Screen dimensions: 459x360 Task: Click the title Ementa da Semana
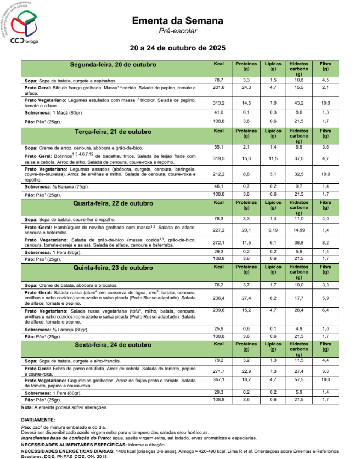(x=177, y=21)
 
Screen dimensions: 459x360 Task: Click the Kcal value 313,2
(x=219, y=103)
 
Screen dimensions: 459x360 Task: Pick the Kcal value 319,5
(x=219, y=158)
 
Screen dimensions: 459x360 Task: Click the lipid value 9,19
(x=273, y=230)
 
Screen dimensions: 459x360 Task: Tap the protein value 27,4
(x=246, y=298)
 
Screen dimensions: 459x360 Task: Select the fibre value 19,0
(x=325, y=379)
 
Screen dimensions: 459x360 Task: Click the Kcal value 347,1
(x=219, y=379)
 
